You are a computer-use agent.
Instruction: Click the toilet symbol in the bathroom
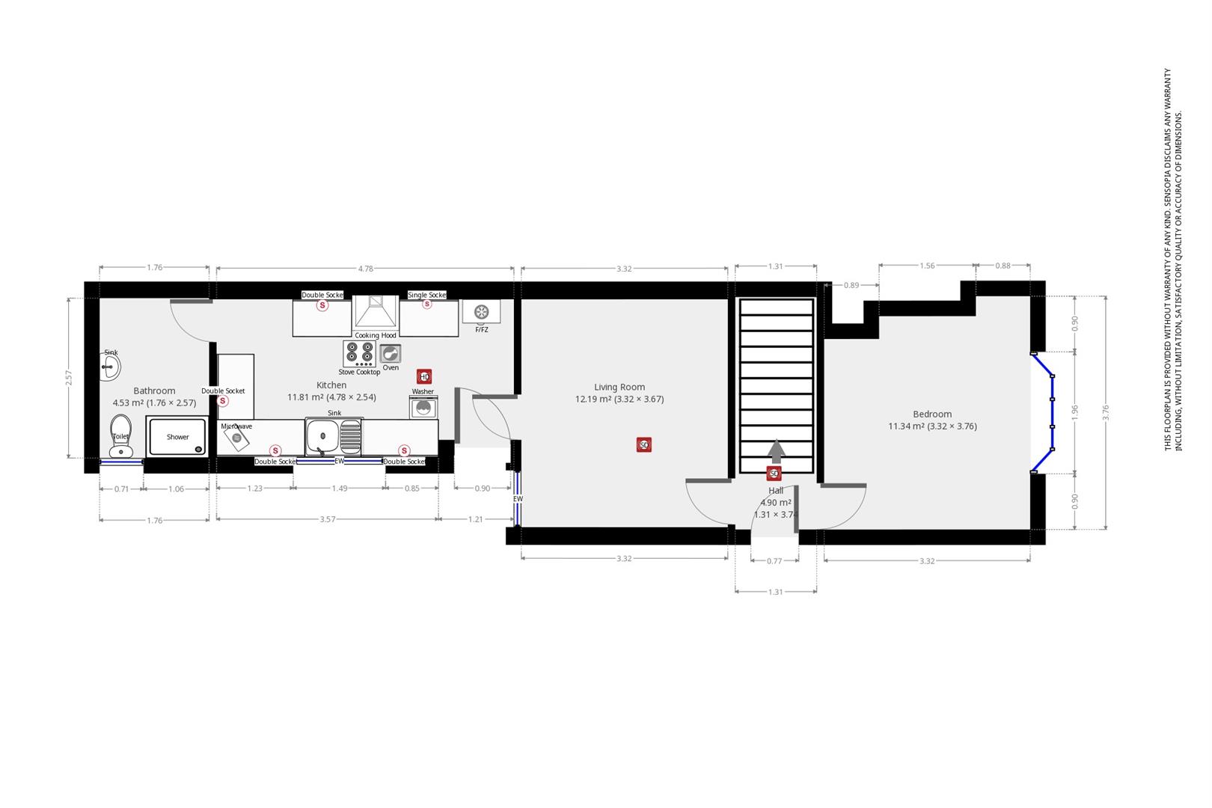(x=120, y=437)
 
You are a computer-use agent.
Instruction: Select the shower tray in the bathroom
(x=177, y=437)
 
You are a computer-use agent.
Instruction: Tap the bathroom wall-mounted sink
(x=111, y=365)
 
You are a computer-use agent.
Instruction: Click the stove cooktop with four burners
(x=360, y=353)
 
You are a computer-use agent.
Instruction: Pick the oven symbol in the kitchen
(x=391, y=353)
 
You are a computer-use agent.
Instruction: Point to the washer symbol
(x=423, y=407)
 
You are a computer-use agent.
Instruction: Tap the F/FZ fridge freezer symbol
(x=481, y=311)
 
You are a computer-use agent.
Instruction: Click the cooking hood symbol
(x=376, y=313)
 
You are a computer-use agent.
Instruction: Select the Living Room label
(x=619, y=387)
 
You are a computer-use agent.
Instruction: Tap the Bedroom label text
(x=932, y=414)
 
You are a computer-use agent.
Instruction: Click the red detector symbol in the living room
(x=643, y=445)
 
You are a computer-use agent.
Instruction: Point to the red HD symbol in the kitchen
(x=424, y=376)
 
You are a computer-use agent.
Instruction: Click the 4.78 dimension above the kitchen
(x=365, y=268)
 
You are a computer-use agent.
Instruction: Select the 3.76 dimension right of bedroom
(x=1106, y=412)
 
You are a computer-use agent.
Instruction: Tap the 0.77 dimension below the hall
(x=774, y=561)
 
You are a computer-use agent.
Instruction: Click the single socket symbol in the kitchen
(x=427, y=304)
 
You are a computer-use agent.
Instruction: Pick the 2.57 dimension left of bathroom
(x=69, y=378)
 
